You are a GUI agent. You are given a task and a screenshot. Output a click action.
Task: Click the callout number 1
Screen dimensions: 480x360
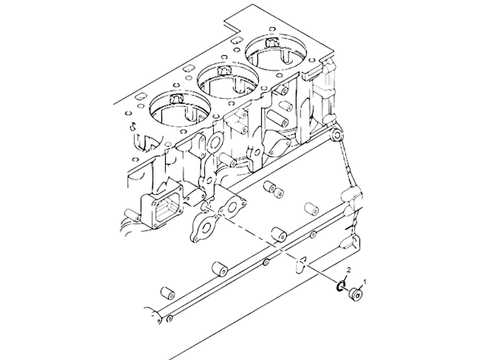365,281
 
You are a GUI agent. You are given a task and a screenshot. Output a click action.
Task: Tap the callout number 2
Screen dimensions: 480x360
349,269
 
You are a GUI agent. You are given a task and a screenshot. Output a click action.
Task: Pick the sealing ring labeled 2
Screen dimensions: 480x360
341,286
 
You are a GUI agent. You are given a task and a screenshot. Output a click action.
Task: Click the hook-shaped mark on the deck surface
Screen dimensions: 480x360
133,125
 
